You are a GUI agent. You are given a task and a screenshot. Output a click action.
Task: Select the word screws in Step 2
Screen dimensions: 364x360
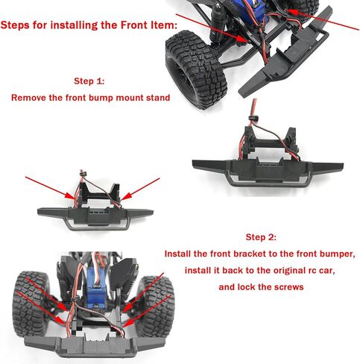285,287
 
